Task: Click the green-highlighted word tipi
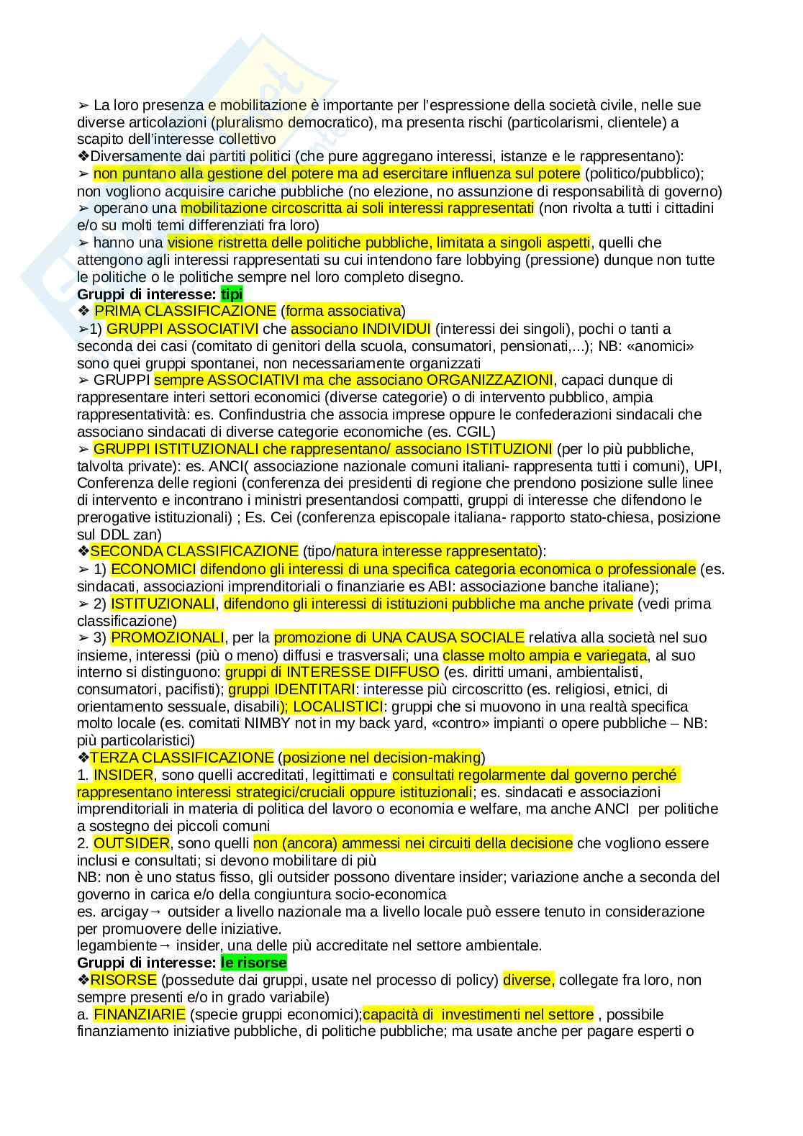[x=232, y=294]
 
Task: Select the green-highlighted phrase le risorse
[x=253, y=963]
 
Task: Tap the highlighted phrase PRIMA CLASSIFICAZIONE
[x=185, y=311]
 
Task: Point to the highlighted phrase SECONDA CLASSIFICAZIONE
[x=194, y=551]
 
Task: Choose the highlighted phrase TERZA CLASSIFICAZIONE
[x=182, y=758]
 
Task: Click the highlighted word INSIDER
[x=124, y=775]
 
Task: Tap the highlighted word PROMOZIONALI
[x=168, y=637]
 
